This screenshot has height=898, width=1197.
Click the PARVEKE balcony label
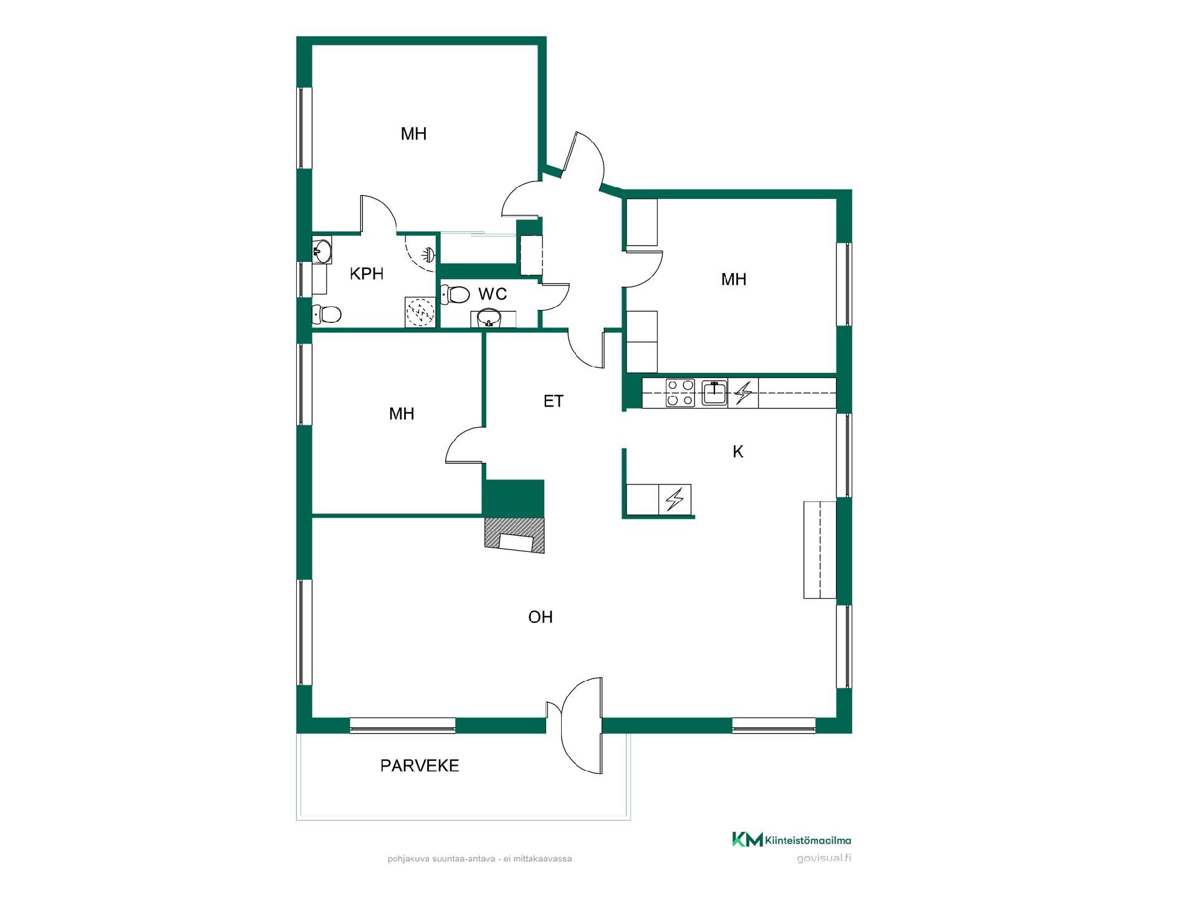(x=420, y=766)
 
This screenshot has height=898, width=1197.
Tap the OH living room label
(x=541, y=617)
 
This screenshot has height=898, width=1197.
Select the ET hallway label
(x=554, y=401)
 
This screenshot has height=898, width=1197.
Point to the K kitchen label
(x=738, y=451)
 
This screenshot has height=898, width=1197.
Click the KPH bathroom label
(x=367, y=274)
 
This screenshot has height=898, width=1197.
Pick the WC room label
(x=493, y=294)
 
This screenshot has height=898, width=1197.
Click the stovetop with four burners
(x=680, y=393)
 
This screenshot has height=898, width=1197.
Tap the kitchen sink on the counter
(x=714, y=393)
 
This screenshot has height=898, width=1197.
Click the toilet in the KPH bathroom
(x=326, y=314)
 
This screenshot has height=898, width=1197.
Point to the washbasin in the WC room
(x=489, y=319)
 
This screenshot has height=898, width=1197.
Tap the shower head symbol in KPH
(x=428, y=254)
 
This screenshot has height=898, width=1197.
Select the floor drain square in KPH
(x=421, y=311)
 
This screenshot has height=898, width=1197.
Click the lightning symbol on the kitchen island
(x=675, y=500)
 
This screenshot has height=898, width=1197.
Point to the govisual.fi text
(x=824, y=858)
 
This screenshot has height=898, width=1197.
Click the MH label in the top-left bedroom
(x=414, y=133)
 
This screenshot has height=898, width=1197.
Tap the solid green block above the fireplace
(x=514, y=498)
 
